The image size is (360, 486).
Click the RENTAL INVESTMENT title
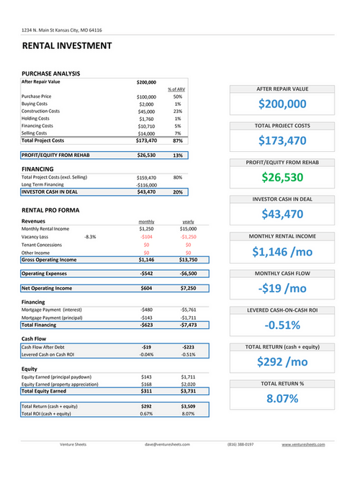pos(67,46)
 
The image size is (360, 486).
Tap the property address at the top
pos(61,30)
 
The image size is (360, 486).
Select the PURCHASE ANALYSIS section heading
pos(50,73)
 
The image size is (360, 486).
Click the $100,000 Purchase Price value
pos(146,96)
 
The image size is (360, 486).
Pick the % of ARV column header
pos(177,89)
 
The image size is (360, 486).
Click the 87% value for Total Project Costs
pos(178,140)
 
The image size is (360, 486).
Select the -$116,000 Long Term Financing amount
pos(146,185)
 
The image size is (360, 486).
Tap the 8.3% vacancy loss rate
pos(90,236)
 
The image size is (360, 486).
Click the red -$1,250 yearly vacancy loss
pos(188,236)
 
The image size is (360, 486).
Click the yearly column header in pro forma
pos(188,221)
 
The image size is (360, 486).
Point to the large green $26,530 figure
pos(282,177)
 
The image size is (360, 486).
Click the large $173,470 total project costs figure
pos(282,140)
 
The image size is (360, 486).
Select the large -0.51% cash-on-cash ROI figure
pos(282,325)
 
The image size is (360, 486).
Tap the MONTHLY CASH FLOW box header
pos(282,274)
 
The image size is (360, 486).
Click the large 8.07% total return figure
pos(282,398)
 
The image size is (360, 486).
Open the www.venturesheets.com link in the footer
pos(303,444)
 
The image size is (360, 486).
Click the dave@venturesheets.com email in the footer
pos(167,444)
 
